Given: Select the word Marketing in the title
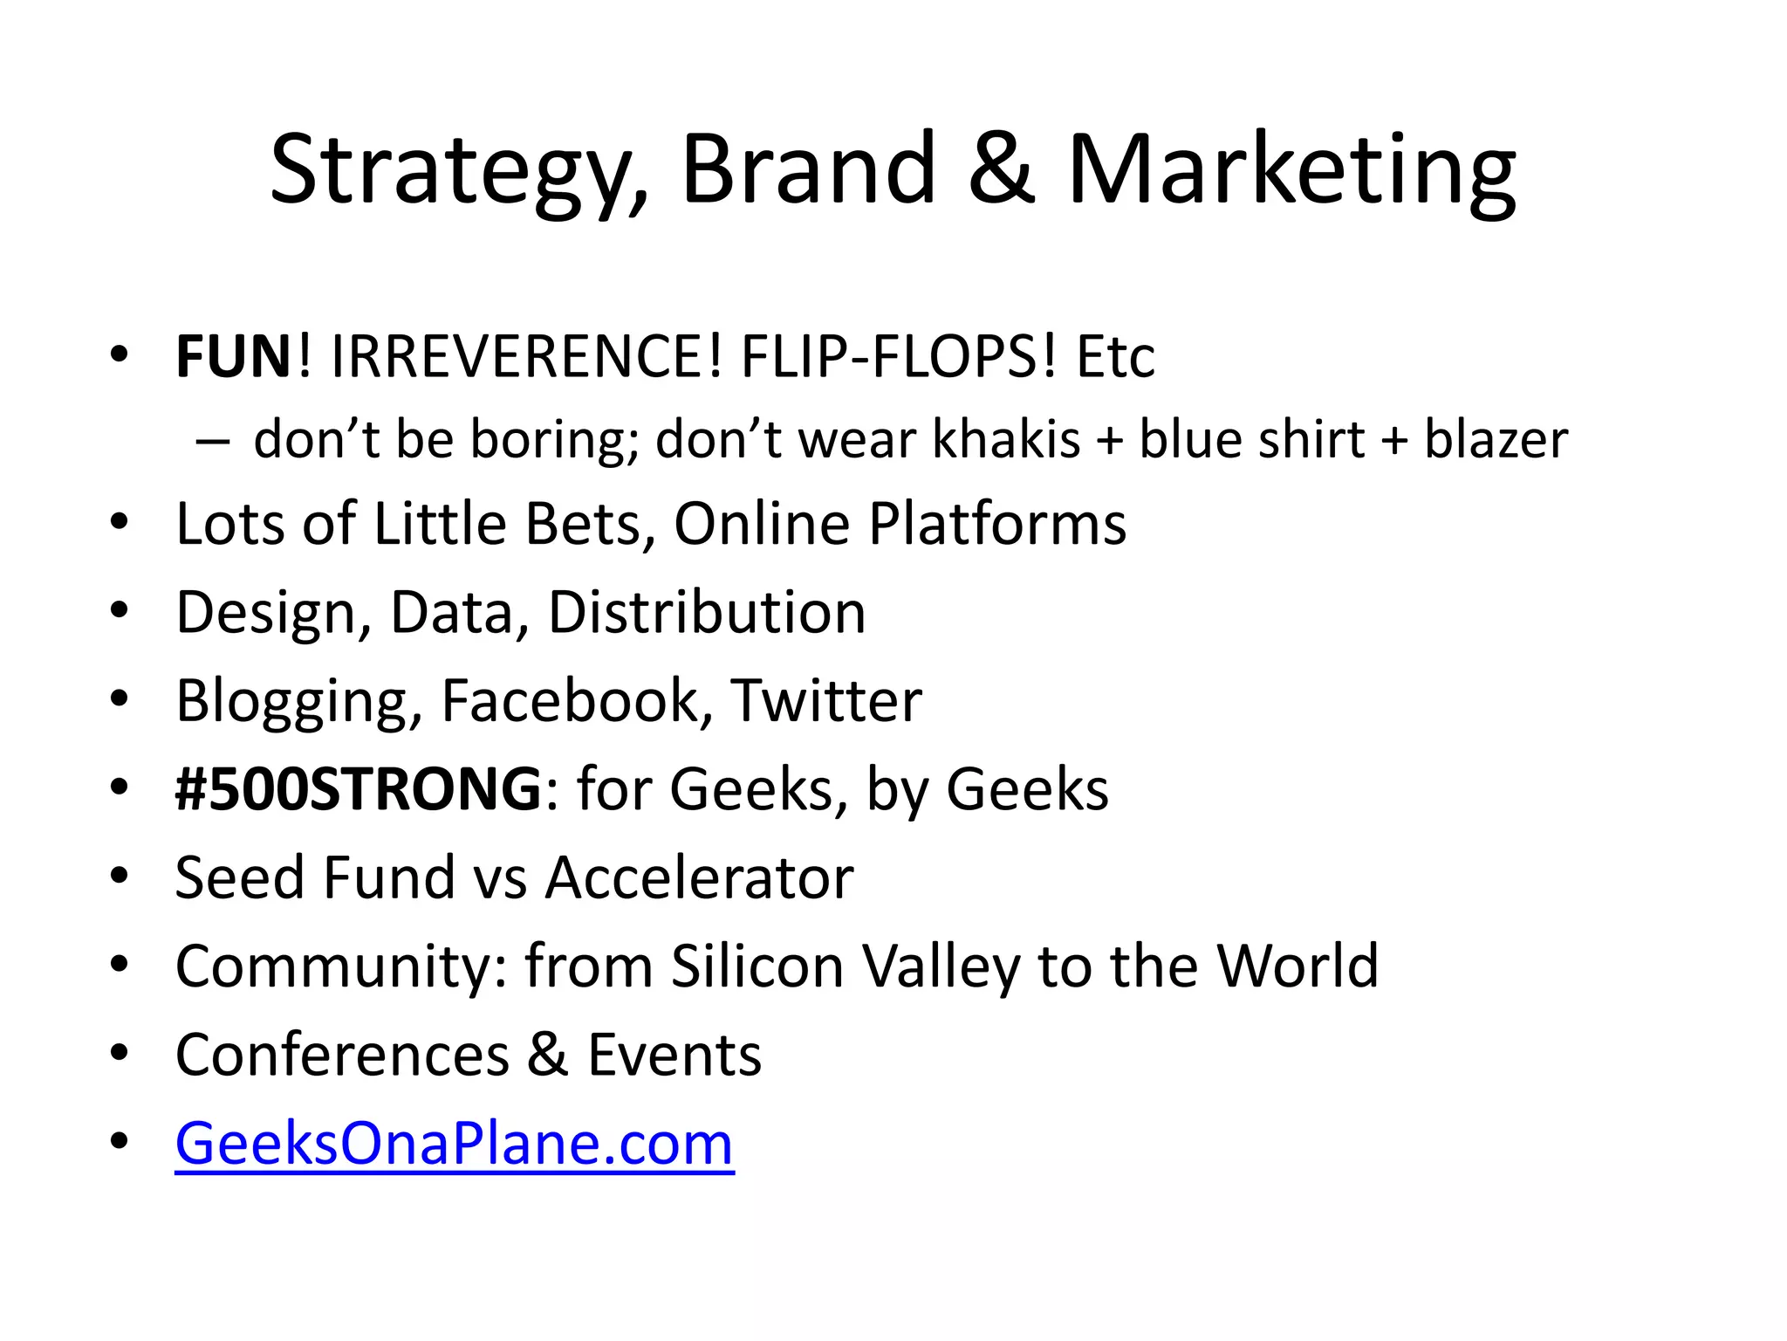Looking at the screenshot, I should [x=1292, y=170].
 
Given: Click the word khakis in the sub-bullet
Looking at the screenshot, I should [x=1006, y=438].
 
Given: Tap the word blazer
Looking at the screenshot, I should [x=1496, y=438].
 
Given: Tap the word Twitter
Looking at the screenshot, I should [x=825, y=700].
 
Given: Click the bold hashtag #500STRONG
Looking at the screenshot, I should [x=359, y=788].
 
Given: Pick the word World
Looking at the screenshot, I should [x=1297, y=966].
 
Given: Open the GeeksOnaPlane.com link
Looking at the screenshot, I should [x=455, y=1144].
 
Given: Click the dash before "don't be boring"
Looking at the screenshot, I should [x=213, y=440].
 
